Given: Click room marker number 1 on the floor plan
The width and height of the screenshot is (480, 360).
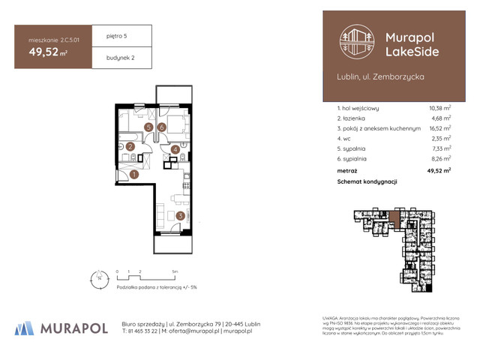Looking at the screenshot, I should [134, 175].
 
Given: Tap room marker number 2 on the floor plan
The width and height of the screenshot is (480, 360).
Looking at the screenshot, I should [130, 147].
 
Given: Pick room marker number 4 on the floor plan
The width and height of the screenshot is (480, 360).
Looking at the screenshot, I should [175, 150].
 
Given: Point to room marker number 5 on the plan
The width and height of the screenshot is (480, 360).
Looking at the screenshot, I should [149, 127].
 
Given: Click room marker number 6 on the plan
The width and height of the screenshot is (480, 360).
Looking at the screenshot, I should [162, 127].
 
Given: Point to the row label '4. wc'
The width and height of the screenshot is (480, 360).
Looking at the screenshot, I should [345, 139].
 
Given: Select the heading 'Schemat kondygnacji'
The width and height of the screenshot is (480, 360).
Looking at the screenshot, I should [367, 182].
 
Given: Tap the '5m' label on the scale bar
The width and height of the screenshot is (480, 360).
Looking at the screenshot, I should [175, 271].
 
